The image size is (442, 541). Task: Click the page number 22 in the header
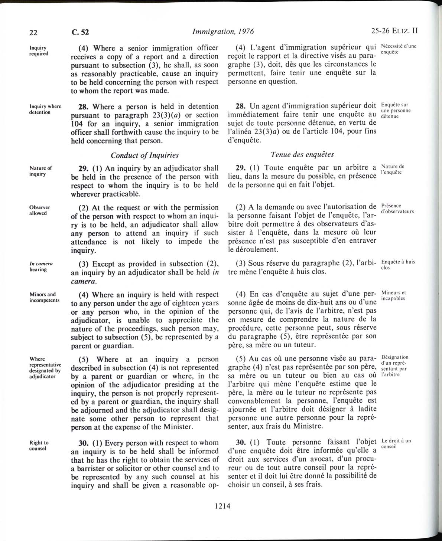click(33, 32)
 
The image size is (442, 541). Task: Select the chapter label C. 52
click(80, 32)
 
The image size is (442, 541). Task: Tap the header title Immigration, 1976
click(223, 32)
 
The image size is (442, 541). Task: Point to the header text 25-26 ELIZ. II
click(394, 31)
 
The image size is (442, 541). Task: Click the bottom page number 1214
click(222, 505)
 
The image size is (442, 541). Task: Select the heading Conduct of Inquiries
click(144, 155)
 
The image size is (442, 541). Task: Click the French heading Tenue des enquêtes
click(302, 154)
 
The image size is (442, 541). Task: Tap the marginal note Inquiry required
click(39, 50)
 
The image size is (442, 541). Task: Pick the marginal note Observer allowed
click(39, 210)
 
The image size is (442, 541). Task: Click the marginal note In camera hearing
click(41, 266)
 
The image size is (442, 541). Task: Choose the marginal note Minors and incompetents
click(44, 297)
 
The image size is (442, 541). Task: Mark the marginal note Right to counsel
click(39, 445)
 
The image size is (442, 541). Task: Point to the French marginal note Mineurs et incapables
click(393, 295)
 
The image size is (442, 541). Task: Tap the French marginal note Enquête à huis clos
click(398, 265)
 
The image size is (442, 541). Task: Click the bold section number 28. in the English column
click(78, 107)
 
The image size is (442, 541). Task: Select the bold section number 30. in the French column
click(241, 442)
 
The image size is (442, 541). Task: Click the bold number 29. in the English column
click(78, 168)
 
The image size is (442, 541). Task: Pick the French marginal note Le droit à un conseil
click(396, 443)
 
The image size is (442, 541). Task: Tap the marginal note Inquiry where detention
click(45, 109)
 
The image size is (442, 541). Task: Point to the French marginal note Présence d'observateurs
click(397, 209)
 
